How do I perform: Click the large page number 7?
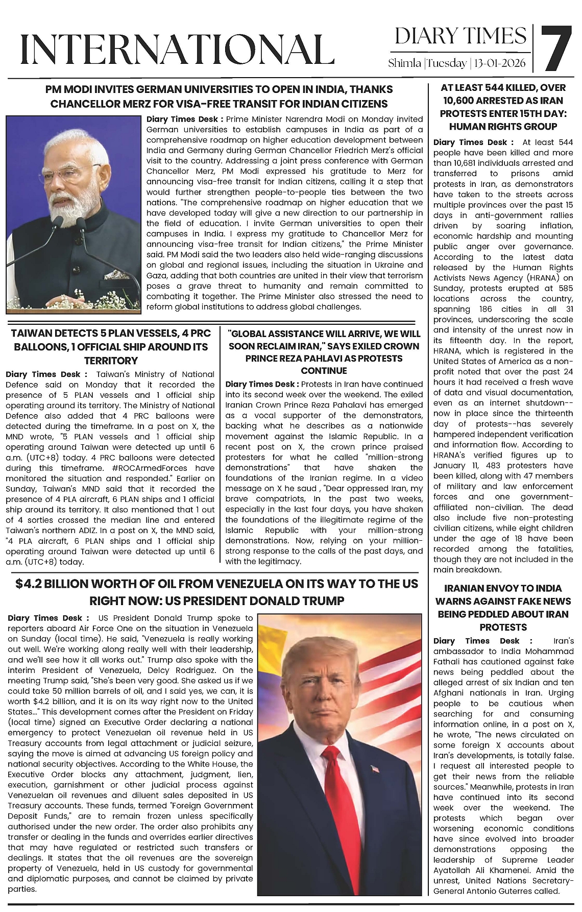pyautogui.click(x=555, y=48)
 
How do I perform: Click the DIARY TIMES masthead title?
pyautogui.click(x=460, y=36)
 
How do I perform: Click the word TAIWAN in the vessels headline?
pyautogui.click(x=32, y=334)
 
